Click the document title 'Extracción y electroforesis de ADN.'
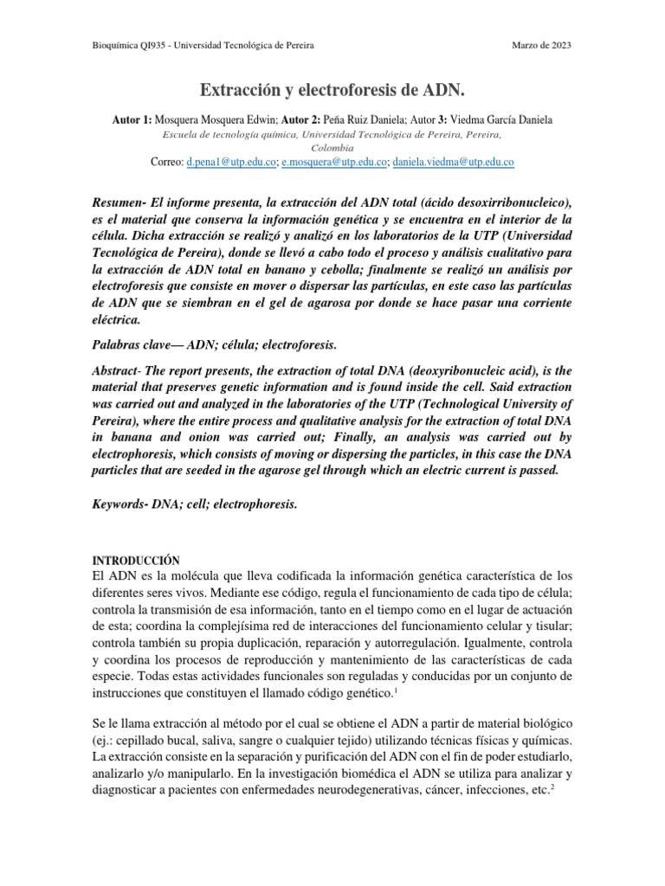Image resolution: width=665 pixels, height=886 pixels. tap(332, 89)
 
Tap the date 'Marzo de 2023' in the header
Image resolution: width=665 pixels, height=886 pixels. tap(542, 45)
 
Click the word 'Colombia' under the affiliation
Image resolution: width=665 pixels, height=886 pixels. tap(332, 147)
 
